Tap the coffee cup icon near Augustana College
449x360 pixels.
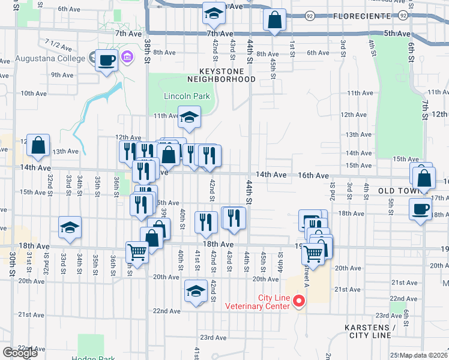106,61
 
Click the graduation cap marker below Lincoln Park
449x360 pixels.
189,118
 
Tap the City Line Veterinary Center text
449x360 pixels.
261,302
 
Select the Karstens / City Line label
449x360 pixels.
370,332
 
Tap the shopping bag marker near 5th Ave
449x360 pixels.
274,19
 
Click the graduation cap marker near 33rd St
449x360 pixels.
70,228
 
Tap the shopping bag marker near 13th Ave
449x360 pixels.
38,145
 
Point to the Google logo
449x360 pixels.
20,353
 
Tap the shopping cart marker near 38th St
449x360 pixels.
137,252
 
